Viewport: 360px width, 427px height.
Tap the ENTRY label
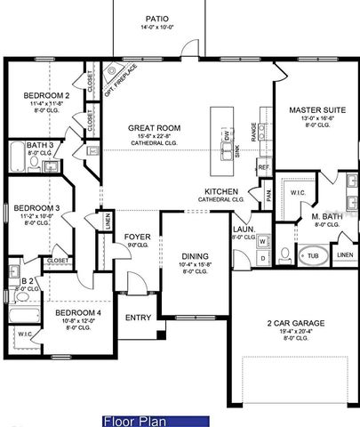(138, 318)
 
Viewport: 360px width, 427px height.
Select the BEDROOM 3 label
(38, 208)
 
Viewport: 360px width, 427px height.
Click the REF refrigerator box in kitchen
(263, 166)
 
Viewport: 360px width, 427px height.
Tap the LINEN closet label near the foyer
(108, 222)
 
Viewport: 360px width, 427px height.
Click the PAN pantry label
(265, 193)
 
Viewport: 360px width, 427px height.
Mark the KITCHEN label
(220, 191)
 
